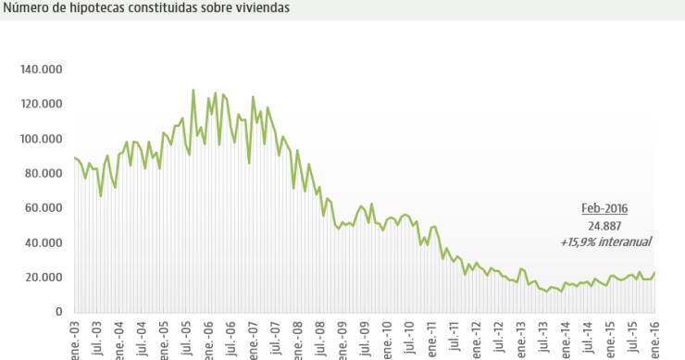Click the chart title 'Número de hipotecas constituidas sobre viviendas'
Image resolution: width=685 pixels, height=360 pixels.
click(145, 8)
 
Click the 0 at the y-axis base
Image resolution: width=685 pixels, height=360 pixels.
click(57, 312)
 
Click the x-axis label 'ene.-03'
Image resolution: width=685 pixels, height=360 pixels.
click(75, 338)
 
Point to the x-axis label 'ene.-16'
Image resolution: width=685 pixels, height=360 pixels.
click(654, 338)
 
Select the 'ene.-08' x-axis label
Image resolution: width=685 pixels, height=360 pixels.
click(298, 338)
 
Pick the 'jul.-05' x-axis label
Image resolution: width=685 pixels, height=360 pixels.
click(187, 338)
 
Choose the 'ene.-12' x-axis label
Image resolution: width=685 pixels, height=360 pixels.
click(476, 338)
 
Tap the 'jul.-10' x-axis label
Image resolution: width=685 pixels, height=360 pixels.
click(409, 338)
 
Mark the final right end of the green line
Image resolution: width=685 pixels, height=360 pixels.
click(655, 272)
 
